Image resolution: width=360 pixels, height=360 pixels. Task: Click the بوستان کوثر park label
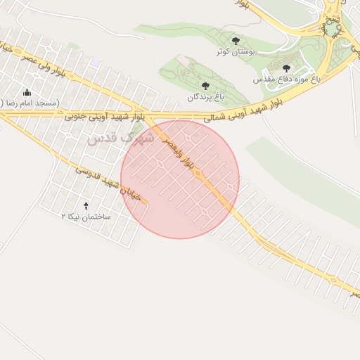(x=235, y=52)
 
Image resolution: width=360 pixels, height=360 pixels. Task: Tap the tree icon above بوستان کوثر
(x=235, y=41)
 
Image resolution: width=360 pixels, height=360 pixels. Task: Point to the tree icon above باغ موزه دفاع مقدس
(x=287, y=68)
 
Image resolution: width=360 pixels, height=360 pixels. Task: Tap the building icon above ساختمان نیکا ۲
(x=86, y=206)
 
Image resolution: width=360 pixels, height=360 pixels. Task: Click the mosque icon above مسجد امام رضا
(x=27, y=91)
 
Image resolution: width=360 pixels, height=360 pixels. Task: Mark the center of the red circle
(x=180, y=179)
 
